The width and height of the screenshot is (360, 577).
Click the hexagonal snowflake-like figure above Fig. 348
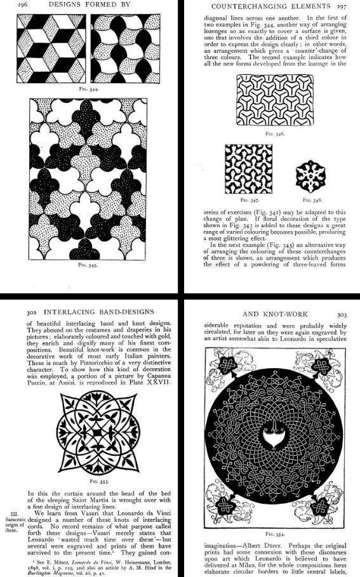[310, 168]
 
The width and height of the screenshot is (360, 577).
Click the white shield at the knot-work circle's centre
[275, 436]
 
